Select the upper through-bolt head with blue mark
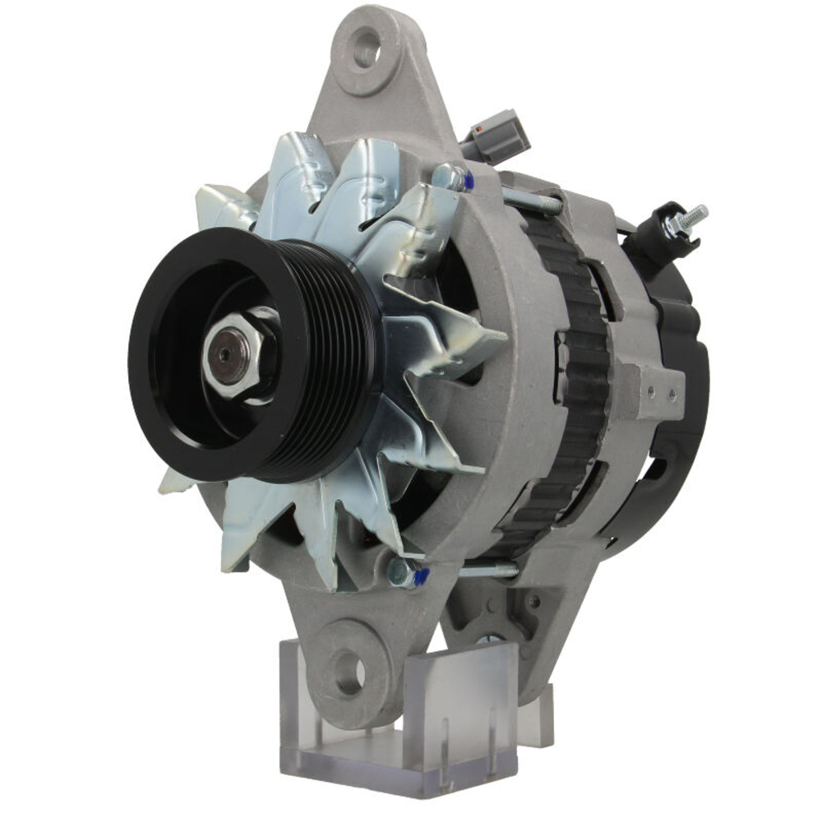450,178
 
